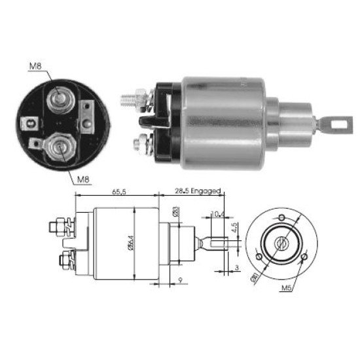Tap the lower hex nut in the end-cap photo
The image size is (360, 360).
coord(58,145)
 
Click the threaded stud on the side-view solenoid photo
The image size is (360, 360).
coord(132,101)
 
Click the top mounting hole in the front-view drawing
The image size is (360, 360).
coord(282,217)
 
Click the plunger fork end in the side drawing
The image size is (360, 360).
coord(219,242)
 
